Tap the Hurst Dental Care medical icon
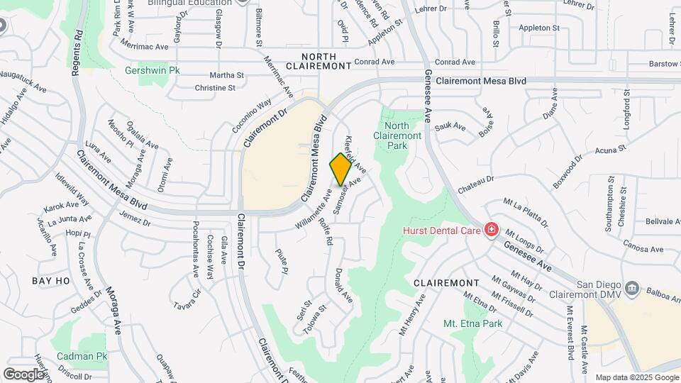tap(490, 230)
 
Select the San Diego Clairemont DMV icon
tap(633, 289)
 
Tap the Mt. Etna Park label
tap(472, 323)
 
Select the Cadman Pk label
tap(82, 355)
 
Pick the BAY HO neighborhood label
tap(51, 281)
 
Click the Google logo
tap(23, 374)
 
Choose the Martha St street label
tap(226, 75)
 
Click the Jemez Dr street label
tap(135, 218)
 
